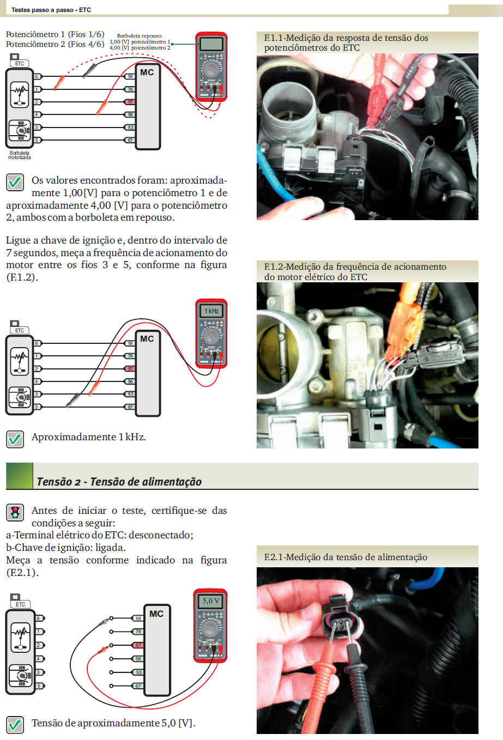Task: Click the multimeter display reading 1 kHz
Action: tap(211, 311)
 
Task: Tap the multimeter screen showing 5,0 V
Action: tap(210, 601)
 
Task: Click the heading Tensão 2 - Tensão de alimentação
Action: tap(119, 482)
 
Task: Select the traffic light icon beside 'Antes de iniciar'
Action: tap(15, 512)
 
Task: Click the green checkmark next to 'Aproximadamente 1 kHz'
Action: tap(15, 439)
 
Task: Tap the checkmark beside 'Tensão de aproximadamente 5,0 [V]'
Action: tap(15, 724)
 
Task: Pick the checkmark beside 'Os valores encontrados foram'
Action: tap(15, 182)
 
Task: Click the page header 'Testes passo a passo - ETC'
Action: tap(51, 10)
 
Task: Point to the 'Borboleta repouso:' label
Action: tap(140, 35)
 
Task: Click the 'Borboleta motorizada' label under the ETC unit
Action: tap(20, 155)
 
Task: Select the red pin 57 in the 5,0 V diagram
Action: tap(138, 645)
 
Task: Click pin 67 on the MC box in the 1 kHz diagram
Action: tap(130, 407)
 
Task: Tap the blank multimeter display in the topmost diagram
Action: tap(211, 44)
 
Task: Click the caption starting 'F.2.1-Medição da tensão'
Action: tap(346, 557)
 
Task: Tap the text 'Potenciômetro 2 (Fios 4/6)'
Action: tap(54, 44)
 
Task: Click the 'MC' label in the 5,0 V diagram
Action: tap(156, 614)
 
